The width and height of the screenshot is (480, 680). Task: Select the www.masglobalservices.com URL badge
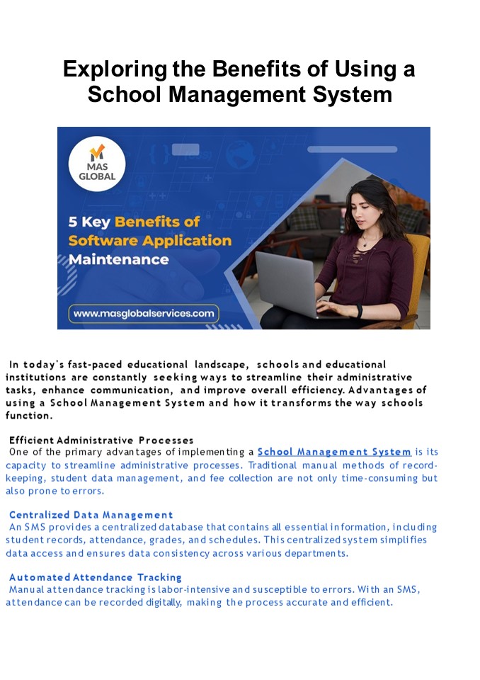pos(144,312)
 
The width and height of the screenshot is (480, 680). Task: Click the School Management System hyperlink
pos(334,452)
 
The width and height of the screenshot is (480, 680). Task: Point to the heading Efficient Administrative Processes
pos(101,441)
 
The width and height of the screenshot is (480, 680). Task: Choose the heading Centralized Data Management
pos(91,515)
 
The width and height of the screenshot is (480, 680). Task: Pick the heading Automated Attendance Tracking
pos(96,577)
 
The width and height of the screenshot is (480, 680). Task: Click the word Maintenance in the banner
pos(119,259)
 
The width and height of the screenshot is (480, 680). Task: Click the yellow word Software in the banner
pos(100,241)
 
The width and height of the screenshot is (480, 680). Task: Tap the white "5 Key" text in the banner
pos(88,222)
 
